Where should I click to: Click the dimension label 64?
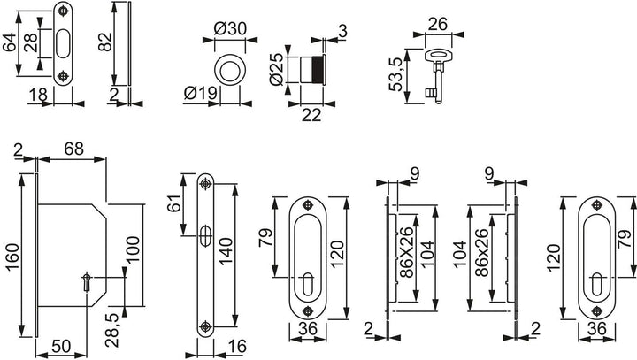coord(10,42)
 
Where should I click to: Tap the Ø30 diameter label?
coord(230,28)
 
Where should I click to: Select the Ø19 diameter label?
coord(200,93)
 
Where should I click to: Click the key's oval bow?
coord(438,55)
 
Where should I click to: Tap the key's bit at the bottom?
coord(430,93)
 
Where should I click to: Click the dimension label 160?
coord(12,257)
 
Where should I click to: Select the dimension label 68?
coord(73,149)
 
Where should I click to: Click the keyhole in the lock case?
coord(87,281)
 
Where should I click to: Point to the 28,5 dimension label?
coord(111,330)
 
